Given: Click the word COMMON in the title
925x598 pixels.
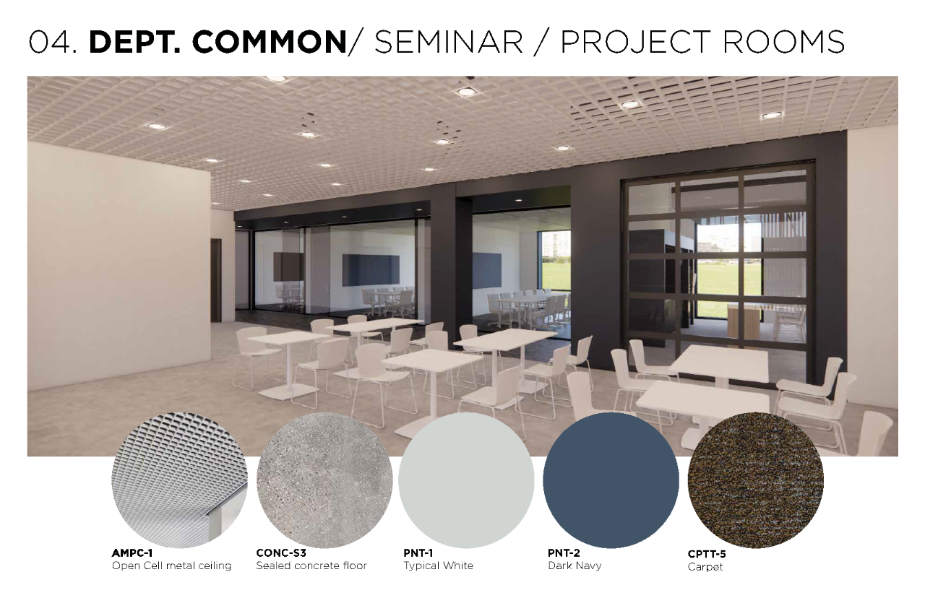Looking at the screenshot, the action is (x=270, y=42).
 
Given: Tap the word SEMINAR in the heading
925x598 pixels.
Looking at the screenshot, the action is (x=449, y=42).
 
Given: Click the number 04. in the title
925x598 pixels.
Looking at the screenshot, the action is (x=53, y=42).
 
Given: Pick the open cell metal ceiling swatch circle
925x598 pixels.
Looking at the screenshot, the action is (x=180, y=480).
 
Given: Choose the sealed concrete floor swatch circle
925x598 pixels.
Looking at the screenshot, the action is (x=324, y=480).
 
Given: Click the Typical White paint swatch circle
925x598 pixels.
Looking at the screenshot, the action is (x=466, y=480).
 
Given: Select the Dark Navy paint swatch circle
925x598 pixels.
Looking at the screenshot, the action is (x=611, y=480).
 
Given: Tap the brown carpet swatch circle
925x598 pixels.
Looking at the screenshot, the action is (x=756, y=480).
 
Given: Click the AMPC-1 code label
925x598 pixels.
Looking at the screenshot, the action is (x=132, y=553).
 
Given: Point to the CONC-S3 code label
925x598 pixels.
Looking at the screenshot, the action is (x=281, y=553).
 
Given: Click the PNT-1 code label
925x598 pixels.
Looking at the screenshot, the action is (x=418, y=553).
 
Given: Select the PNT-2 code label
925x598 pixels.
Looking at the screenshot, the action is (x=564, y=553).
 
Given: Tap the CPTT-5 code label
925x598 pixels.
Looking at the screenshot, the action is (x=707, y=554).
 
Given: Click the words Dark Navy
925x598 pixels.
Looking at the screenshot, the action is (x=575, y=565).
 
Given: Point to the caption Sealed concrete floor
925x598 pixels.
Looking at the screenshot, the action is (x=311, y=565).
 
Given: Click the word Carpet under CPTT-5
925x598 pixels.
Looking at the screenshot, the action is (x=705, y=568).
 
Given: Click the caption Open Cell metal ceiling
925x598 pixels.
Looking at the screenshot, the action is (x=171, y=565).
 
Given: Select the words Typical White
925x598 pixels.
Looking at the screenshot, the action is (x=438, y=565).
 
